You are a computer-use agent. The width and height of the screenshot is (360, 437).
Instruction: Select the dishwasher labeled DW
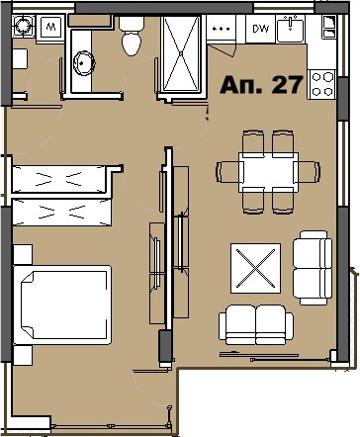click(x=260, y=29)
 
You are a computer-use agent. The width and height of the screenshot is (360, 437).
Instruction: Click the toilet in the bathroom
click(x=130, y=41)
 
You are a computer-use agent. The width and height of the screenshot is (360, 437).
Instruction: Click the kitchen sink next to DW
click(x=291, y=30)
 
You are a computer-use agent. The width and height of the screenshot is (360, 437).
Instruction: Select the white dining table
click(x=268, y=173)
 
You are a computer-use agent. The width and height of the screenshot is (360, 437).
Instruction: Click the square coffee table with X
click(x=255, y=266)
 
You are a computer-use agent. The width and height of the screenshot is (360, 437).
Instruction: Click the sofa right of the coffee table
click(x=313, y=266)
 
